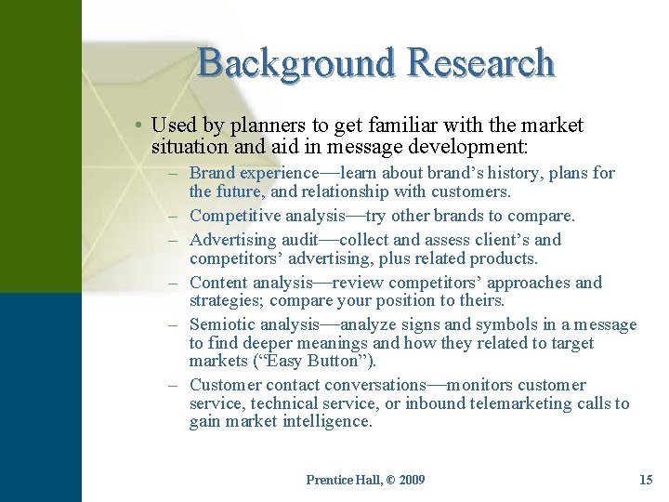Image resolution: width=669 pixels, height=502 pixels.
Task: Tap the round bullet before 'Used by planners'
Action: pyautogui.click(x=138, y=125)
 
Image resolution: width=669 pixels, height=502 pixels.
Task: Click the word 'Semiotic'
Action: pyautogui.click(x=221, y=324)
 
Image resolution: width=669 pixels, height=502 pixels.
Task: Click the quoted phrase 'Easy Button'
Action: pyautogui.click(x=316, y=361)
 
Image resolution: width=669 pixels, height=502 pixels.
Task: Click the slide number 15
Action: pyautogui.click(x=646, y=480)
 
